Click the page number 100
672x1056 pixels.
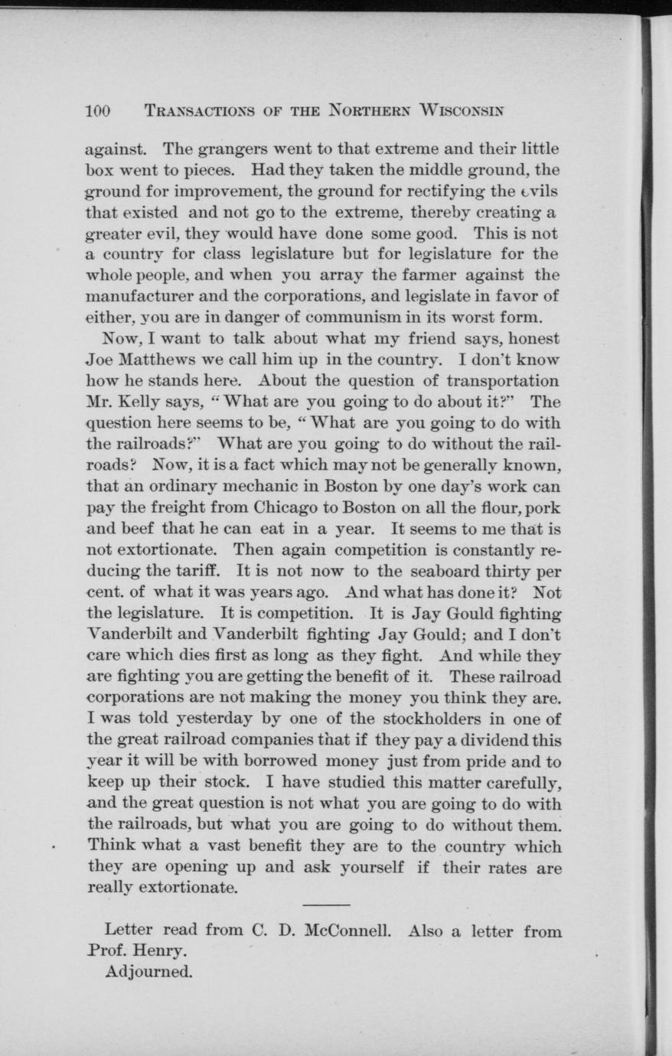(99, 110)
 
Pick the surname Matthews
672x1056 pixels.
(164, 359)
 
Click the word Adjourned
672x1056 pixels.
(148, 973)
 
